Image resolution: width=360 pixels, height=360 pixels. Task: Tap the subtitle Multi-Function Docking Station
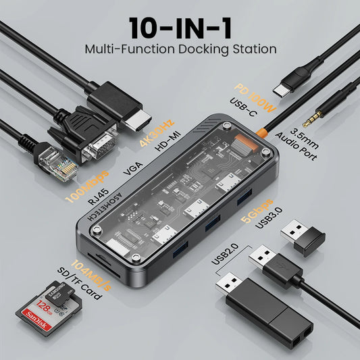pyautogui.click(x=180, y=49)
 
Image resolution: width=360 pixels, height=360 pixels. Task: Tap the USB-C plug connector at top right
pyautogui.click(x=284, y=89)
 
